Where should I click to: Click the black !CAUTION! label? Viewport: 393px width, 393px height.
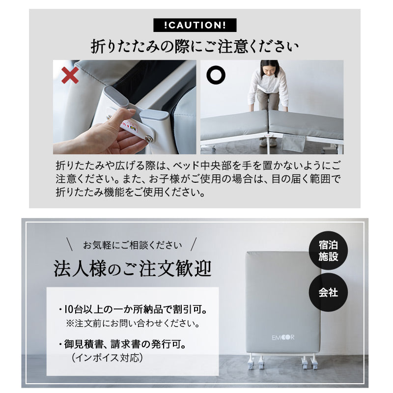pyautogui.click(x=195, y=25)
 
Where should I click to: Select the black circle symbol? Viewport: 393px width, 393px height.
pyautogui.click(x=216, y=75)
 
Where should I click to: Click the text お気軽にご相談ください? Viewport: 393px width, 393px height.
pyautogui.click(x=132, y=244)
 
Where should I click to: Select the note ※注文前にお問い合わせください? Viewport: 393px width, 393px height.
pyautogui.click(x=133, y=324)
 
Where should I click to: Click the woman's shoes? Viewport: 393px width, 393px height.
pyautogui.click(x=267, y=142)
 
